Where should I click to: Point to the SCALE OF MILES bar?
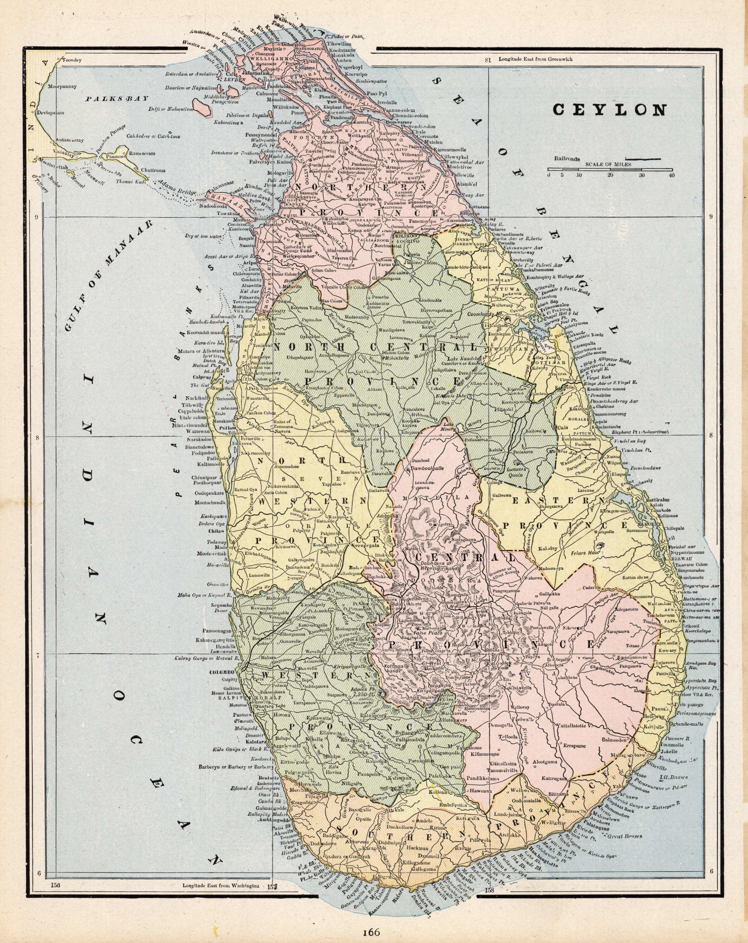click(x=610, y=169)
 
